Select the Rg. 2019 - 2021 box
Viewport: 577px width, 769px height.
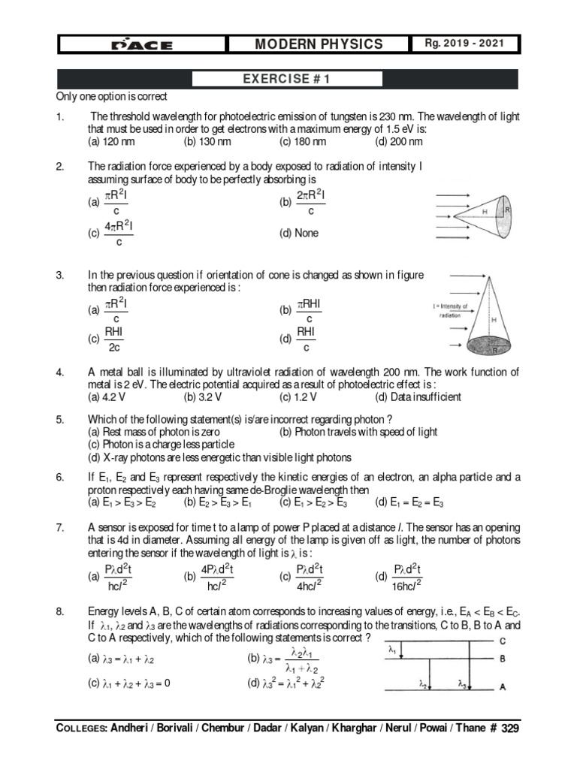click(470, 44)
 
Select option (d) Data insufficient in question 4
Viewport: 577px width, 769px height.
click(418, 397)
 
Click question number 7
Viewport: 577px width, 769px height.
click(60, 526)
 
